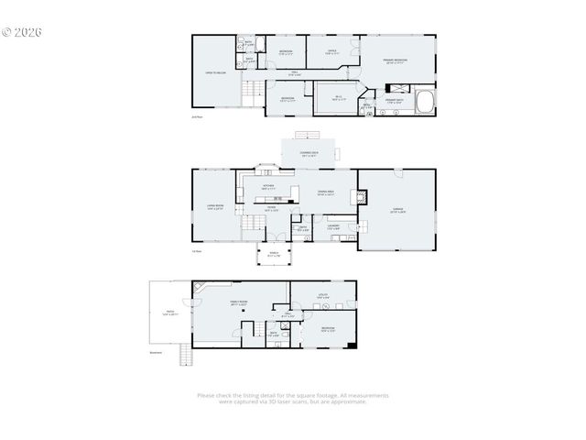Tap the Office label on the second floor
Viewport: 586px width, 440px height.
coord(332,52)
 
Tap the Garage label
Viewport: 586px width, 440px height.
coord(397,210)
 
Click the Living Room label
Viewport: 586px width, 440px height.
coord(213,206)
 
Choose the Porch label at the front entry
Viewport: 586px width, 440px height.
coord(273,256)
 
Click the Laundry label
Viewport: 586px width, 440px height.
coord(333,226)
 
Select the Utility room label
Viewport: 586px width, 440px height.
coord(322,296)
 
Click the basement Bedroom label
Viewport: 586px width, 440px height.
coord(327,328)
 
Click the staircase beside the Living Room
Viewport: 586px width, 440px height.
coord(250,224)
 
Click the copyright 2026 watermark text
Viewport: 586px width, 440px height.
coord(22,32)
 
